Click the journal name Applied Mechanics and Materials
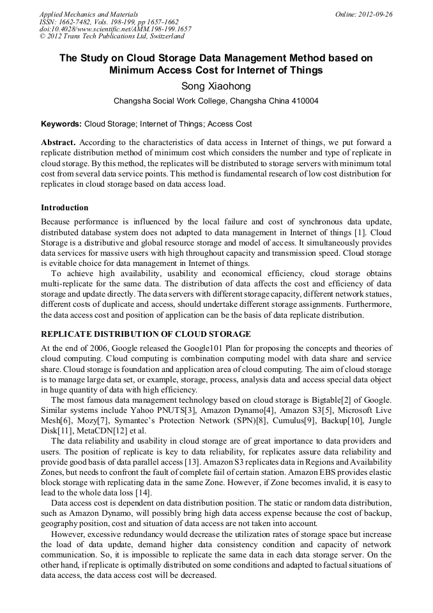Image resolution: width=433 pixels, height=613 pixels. point(88,14)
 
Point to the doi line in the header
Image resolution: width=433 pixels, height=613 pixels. point(115,29)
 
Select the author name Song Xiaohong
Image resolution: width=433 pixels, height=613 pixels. point(216,86)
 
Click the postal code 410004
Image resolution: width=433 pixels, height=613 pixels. point(304,101)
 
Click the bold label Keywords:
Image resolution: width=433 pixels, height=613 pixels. point(61,124)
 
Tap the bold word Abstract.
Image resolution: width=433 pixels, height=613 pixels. point(59,142)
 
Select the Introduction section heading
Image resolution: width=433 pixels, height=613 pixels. point(65,208)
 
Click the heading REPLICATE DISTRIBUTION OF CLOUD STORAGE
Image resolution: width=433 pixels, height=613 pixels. point(146,334)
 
